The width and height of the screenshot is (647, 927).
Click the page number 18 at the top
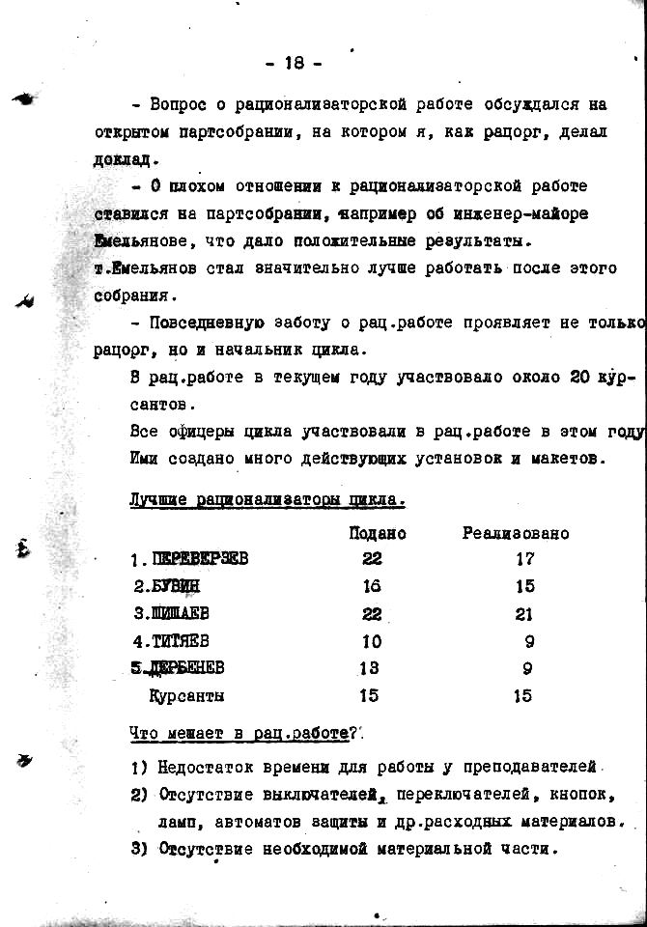[x=294, y=63]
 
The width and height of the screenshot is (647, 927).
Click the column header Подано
[x=378, y=533]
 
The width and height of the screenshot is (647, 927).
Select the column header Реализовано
[x=516, y=533]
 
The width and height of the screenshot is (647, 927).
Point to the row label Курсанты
[x=185, y=695]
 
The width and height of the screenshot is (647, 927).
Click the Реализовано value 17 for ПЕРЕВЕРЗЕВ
[x=524, y=559]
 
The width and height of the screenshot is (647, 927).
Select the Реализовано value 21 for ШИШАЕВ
[x=524, y=613]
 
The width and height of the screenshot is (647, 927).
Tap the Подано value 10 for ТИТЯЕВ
[x=372, y=640]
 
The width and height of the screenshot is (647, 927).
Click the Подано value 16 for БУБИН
[x=372, y=586]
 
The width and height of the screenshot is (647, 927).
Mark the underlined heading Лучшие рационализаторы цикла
[x=267, y=500]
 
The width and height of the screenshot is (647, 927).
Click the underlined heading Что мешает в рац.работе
[x=239, y=734]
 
